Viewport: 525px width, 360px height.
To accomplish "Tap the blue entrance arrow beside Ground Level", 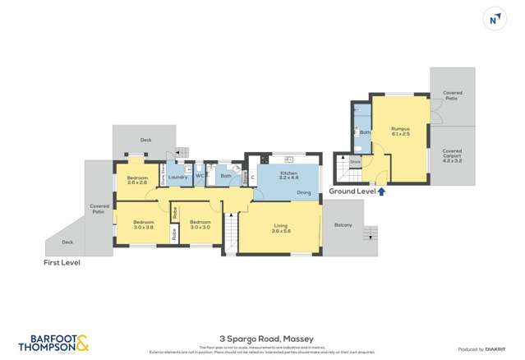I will click(382, 192).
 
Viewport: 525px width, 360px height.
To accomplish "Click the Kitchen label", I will click(288, 175).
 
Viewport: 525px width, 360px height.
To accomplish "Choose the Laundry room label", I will click(178, 177).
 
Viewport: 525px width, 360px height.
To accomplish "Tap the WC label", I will click(199, 176).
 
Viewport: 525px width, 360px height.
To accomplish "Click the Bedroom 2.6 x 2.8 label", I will click(137, 181).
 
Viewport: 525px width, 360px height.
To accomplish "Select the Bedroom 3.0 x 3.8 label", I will click(144, 224).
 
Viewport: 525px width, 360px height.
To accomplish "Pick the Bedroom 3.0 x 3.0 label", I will click(200, 224).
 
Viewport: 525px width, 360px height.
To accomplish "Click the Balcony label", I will click(343, 225).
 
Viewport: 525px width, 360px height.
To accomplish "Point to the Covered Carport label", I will click(452, 155).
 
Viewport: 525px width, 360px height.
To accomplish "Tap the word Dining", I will click(304, 193).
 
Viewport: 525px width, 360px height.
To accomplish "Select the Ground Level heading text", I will click(352, 192).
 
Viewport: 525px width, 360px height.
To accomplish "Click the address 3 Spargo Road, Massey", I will click(262, 337).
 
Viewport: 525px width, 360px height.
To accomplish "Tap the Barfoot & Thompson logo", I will click(53, 343).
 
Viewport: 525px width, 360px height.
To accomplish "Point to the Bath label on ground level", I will click(365, 132).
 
